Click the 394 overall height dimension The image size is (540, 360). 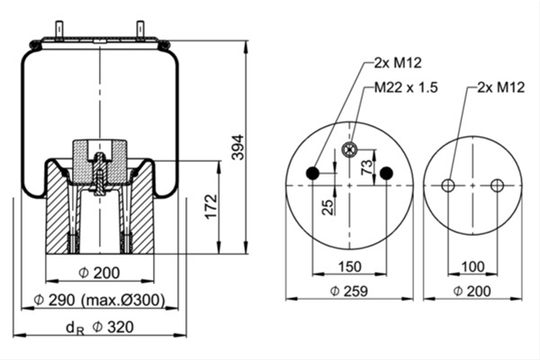(x=238, y=148)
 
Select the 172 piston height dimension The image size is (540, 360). (x=211, y=207)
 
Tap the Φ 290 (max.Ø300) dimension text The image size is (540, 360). (x=100, y=301)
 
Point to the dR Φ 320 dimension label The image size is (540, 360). (x=100, y=328)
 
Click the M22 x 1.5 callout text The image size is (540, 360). (x=406, y=87)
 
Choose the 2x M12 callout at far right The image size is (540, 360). (x=501, y=87)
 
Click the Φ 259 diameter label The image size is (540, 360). (x=349, y=291)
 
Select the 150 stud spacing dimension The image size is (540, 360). (x=349, y=266)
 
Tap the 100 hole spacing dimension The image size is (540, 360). (x=472, y=266)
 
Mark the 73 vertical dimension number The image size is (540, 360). (x=367, y=166)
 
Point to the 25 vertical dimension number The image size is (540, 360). (x=328, y=207)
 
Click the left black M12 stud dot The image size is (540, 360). (x=312, y=173)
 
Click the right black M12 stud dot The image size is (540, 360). (x=386, y=173)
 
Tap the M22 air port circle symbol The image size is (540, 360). (x=349, y=149)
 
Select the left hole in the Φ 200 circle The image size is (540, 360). (x=448, y=185)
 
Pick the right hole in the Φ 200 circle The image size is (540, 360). (x=497, y=185)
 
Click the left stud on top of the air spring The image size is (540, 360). (x=59, y=31)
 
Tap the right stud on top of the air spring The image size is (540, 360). (x=140, y=31)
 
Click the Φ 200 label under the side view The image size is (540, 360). (x=100, y=273)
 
